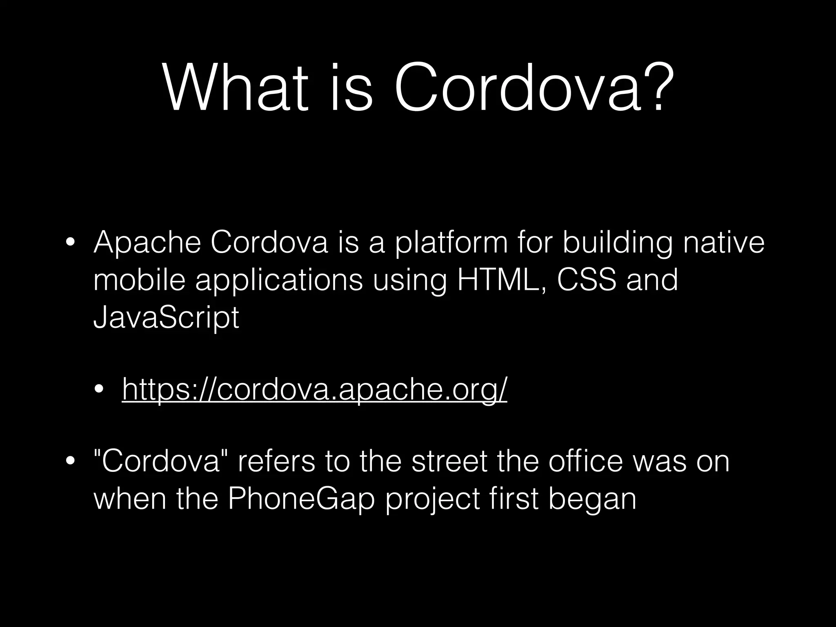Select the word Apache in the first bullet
[147, 242]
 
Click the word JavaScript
[166, 318]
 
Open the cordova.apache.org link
[314, 390]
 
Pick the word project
[432, 500]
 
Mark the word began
[592, 500]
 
